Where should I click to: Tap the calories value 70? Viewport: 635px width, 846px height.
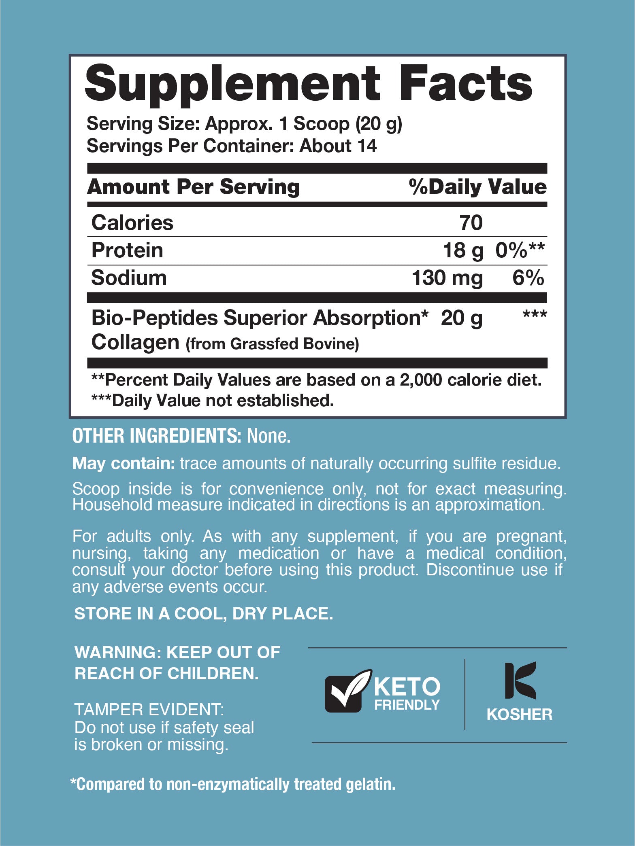471,223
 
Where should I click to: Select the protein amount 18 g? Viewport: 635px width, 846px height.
463,250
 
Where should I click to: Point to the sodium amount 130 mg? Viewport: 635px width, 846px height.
447,278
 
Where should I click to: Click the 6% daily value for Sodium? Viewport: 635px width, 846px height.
528,278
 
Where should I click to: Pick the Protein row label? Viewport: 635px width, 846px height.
127,250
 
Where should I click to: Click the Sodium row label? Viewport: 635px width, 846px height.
129,278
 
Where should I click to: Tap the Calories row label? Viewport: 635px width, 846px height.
132,223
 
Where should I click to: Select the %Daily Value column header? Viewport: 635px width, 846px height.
477,187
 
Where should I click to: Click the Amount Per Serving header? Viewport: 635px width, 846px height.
194,187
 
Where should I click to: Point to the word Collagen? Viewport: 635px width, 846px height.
135,343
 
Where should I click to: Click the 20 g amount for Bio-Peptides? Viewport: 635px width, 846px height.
461,318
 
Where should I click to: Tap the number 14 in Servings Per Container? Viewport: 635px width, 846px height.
367,146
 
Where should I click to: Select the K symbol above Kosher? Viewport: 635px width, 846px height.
520,681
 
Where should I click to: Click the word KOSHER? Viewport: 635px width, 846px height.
519,715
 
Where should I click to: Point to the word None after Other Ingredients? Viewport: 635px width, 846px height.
268,436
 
